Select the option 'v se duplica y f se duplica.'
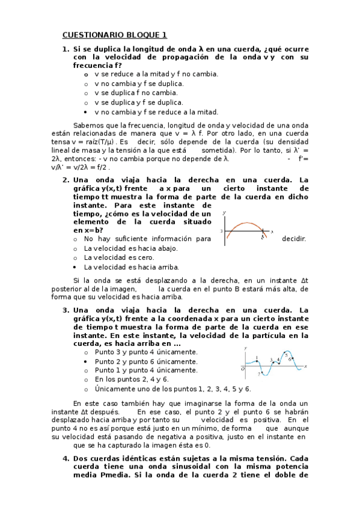[130, 102]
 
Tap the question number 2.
[65, 180]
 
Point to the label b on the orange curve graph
[262, 238]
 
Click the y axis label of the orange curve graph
[224, 214]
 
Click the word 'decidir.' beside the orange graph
[294, 239]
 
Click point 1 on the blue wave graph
[257, 359]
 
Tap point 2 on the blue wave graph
[260, 373]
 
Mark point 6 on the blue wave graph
[291, 359]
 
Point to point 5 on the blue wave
[286, 355]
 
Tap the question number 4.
[65, 458]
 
